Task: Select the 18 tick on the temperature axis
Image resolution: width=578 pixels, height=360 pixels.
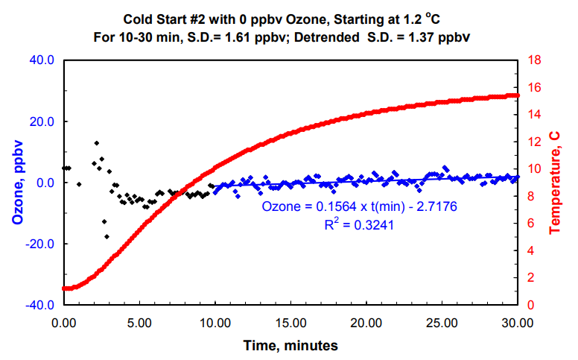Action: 533,60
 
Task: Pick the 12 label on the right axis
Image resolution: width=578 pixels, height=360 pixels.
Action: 533,142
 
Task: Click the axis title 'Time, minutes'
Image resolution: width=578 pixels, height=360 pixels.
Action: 290,345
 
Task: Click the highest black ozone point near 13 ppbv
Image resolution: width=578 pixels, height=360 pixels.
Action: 96,143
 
